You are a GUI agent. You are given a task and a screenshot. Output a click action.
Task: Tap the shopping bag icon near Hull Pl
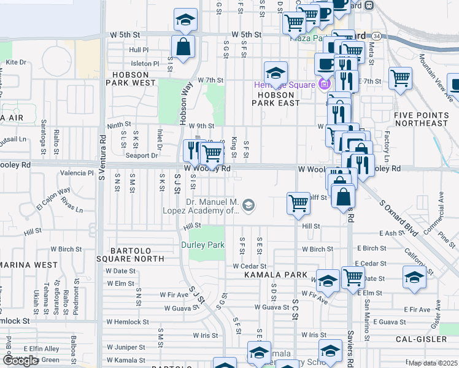pyautogui.click(x=183, y=46)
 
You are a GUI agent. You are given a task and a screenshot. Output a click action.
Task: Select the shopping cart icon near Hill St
pyautogui.click(x=298, y=203)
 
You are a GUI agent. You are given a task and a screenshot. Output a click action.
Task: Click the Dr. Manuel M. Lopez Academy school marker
pyautogui.click(x=249, y=204)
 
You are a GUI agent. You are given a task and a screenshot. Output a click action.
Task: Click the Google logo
pyautogui.click(x=20, y=361)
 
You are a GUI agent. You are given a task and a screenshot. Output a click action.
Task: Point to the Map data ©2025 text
pyautogui.click(x=433, y=363)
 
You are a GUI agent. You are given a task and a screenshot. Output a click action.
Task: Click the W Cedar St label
pyautogui.click(x=250, y=266)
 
